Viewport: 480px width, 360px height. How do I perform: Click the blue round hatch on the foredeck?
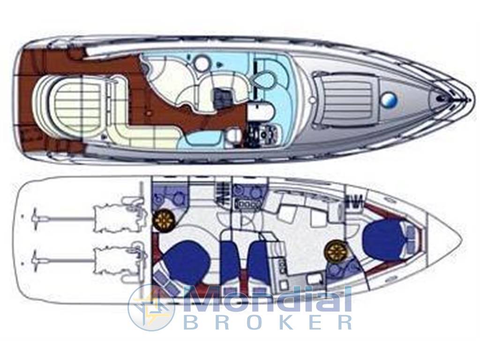point(389,99)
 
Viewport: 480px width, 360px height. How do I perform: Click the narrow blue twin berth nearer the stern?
point(229,260)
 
